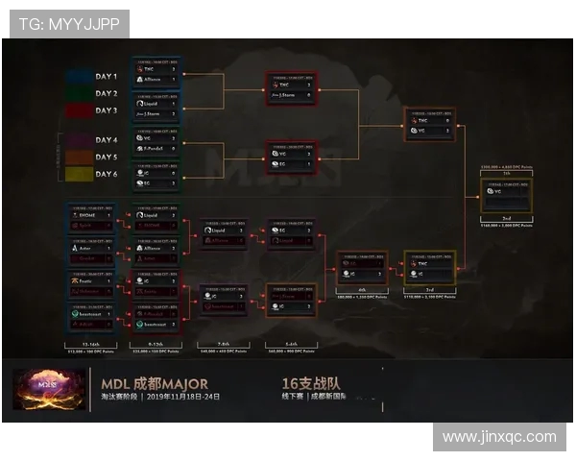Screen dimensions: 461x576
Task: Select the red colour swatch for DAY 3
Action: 79,110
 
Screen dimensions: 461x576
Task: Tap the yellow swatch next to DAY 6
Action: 79,174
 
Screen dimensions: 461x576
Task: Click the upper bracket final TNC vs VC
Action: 429,126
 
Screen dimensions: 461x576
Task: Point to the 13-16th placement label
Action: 91,341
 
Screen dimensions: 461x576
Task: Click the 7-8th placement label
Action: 223,341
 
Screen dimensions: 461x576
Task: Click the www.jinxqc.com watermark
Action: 499,437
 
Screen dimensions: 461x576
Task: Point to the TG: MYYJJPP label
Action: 67,24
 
